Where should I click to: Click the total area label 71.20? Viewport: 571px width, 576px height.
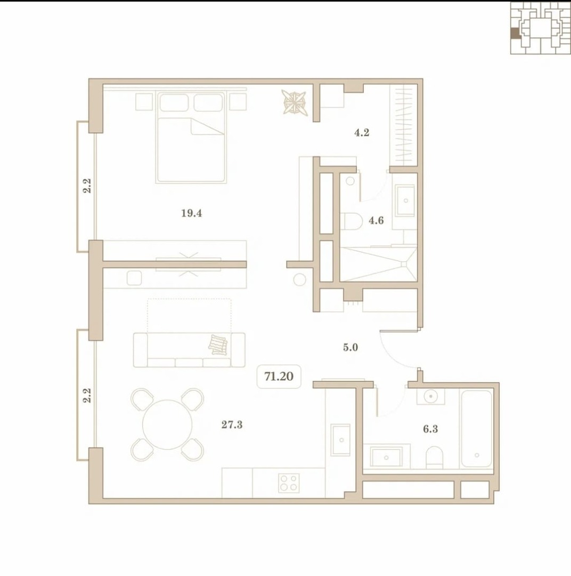pyautogui.click(x=279, y=377)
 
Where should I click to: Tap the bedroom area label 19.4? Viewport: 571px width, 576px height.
pyautogui.click(x=192, y=213)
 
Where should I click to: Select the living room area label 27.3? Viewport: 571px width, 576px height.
pyautogui.click(x=232, y=425)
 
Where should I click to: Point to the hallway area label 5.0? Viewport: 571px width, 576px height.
pyautogui.click(x=350, y=347)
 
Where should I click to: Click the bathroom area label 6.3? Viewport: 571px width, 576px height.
pyautogui.click(x=430, y=429)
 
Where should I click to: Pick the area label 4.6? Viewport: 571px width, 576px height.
pyautogui.click(x=376, y=220)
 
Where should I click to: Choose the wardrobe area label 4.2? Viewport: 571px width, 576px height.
pyautogui.click(x=362, y=133)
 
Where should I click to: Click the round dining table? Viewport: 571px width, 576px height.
pyautogui.click(x=167, y=425)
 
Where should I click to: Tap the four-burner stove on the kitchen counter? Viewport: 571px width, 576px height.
pyautogui.click(x=289, y=483)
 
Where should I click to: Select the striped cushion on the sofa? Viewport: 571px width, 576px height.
pyautogui.click(x=218, y=345)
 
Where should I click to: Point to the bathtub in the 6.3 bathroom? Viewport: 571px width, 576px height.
pyautogui.click(x=476, y=428)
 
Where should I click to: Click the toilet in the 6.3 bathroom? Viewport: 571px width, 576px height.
pyautogui.click(x=435, y=458)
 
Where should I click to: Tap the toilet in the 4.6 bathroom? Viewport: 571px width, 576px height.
pyautogui.click(x=351, y=221)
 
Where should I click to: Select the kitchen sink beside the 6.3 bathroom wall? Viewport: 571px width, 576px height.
pyautogui.click(x=341, y=439)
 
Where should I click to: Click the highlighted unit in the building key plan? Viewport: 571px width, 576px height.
pyautogui.click(x=515, y=34)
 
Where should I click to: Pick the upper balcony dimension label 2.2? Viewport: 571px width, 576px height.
pyautogui.click(x=87, y=186)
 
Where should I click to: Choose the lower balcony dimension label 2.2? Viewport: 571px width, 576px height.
pyautogui.click(x=87, y=395)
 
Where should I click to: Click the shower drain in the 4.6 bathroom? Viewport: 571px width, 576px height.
pyautogui.click(x=404, y=264)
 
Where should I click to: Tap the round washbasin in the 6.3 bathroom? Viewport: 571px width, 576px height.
pyautogui.click(x=430, y=396)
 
